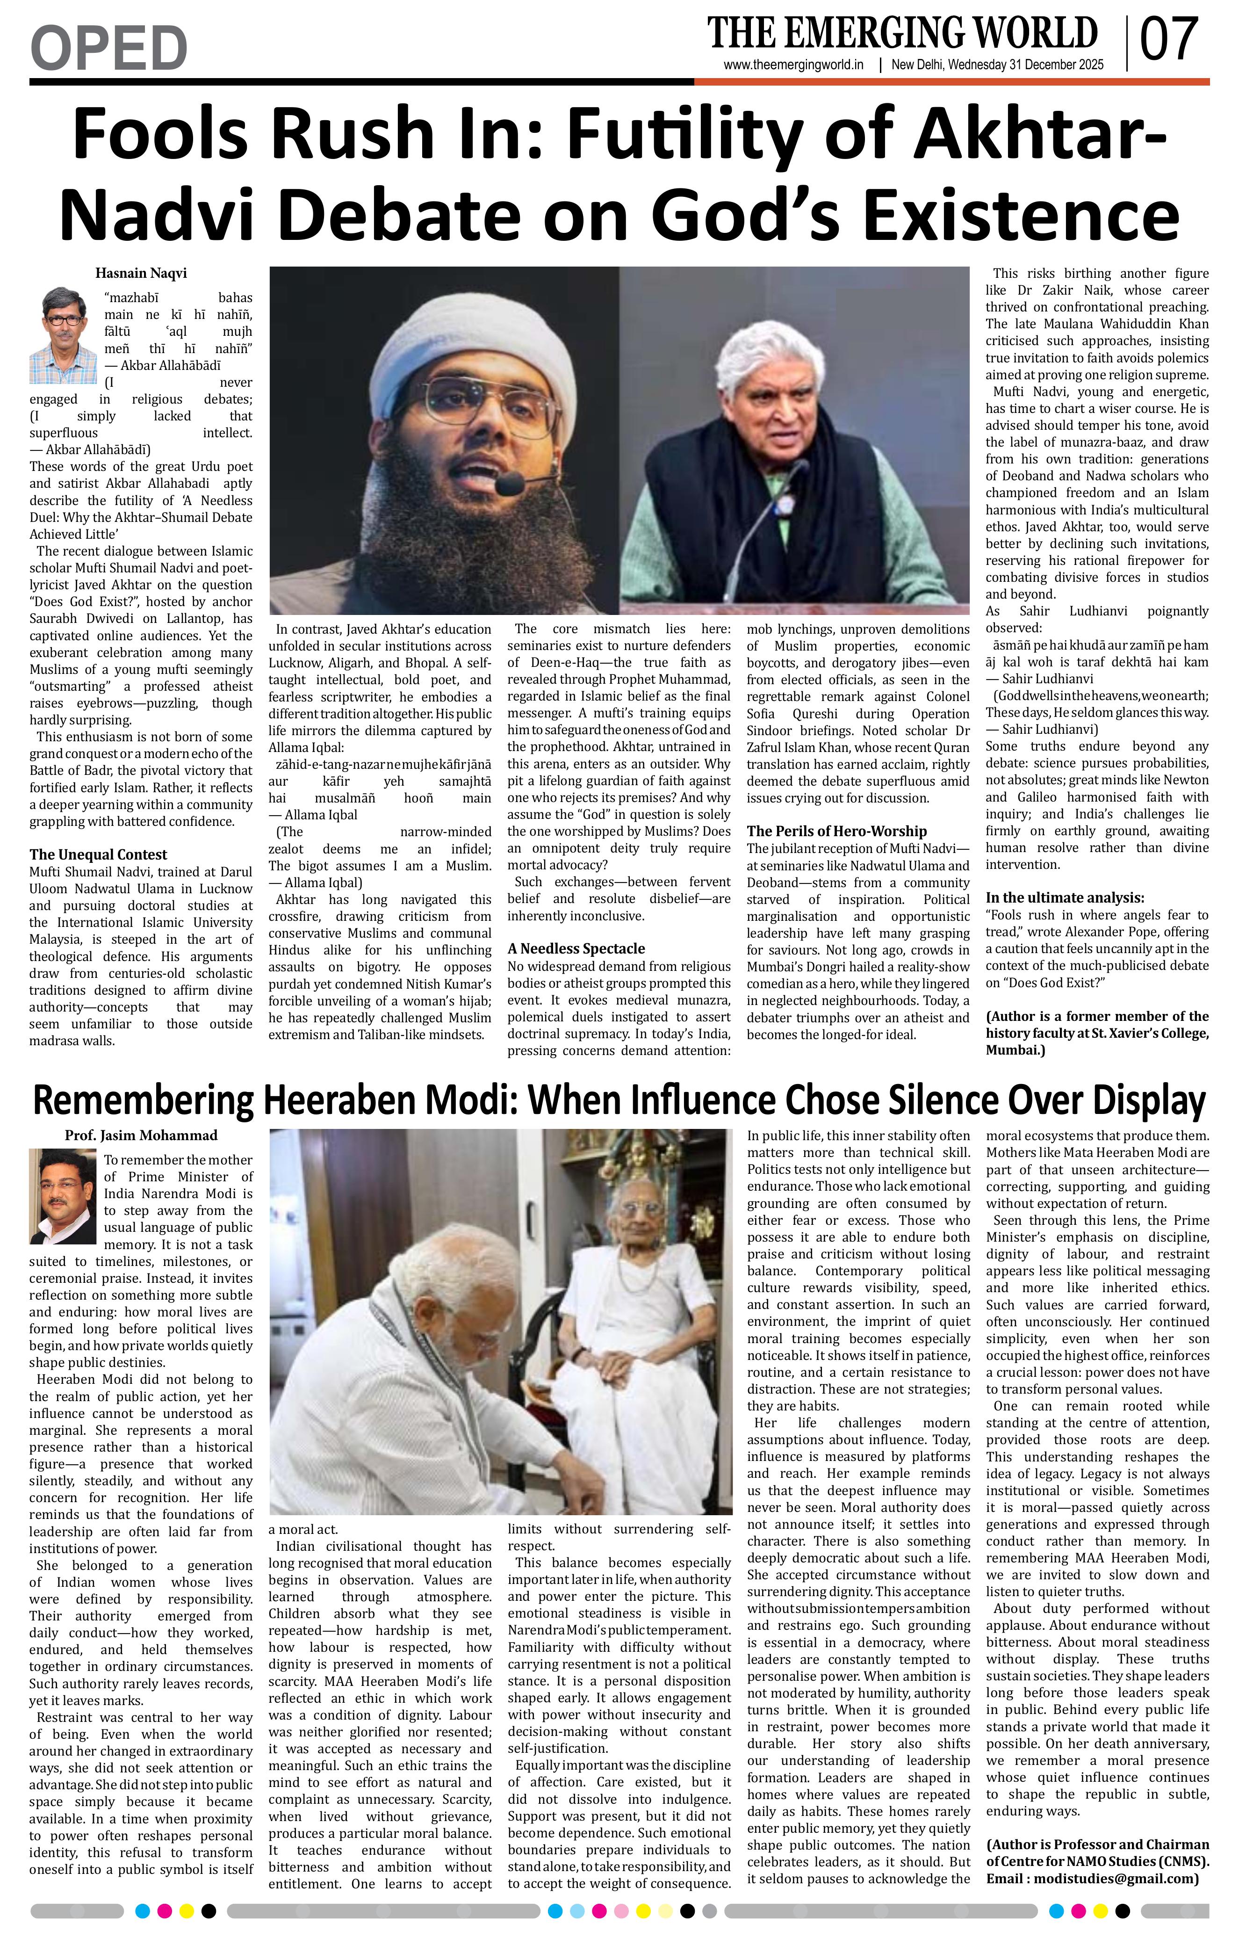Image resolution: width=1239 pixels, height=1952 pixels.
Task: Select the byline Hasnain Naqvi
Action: tap(141, 273)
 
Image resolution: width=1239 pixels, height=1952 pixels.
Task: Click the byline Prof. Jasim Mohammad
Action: tap(141, 1135)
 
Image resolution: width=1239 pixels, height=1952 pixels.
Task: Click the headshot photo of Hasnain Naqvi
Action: tap(63, 336)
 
